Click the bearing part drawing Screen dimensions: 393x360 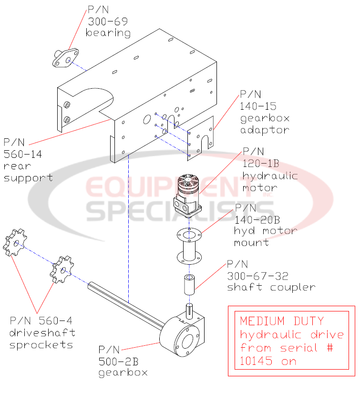tap(65, 59)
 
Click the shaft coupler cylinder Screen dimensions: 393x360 tap(189, 285)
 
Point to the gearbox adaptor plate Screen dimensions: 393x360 tap(201, 138)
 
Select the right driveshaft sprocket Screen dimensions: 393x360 tap(62, 269)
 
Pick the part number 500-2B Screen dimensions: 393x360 tap(118, 361)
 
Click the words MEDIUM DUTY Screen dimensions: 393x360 tap(282, 321)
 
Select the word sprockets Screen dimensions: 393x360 tap(41, 344)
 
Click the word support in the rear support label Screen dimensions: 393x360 tap(28, 177)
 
